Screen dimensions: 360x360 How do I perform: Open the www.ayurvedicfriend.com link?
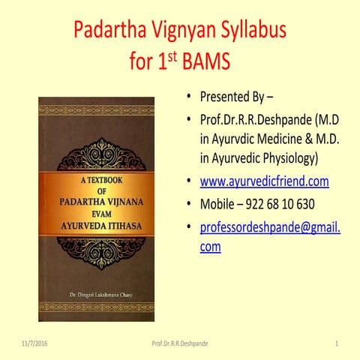[264, 181]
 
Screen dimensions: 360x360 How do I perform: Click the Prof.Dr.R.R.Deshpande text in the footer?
[180, 343]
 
